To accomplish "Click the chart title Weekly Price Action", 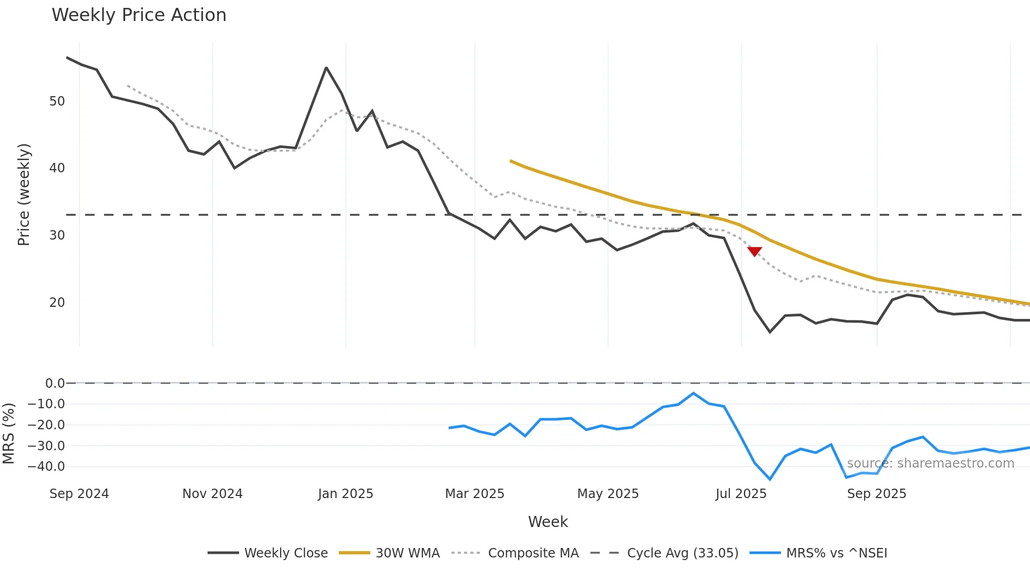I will pyautogui.click(x=139, y=15).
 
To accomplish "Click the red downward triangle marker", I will pyautogui.click(x=755, y=252).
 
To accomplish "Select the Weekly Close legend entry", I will pyautogui.click(x=268, y=553).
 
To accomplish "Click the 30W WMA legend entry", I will pyautogui.click(x=389, y=553).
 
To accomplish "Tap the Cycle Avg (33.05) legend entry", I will pyautogui.click(x=665, y=553).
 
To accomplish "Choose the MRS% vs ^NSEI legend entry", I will pyautogui.click(x=819, y=553).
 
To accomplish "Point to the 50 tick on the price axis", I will pyautogui.click(x=57, y=101).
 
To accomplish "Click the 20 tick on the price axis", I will pyautogui.click(x=57, y=303).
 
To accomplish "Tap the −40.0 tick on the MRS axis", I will pyautogui.click(x=46, y=467).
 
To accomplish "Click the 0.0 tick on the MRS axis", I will pyautogui.click(x=55, y=384).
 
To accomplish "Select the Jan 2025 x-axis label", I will pyautogui.click(x=345, y=494).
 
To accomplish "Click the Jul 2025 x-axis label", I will pyautogui.click(x=741, y=494).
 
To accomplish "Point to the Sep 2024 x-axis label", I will pyautogui.click(x=79, y=494).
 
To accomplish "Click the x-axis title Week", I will pyautogui.click(x=548, y=522).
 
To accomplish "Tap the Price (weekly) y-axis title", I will pyautogui.click(x=24, y=194).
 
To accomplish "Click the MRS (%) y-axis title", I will pyautogui.click(x=8, y=433).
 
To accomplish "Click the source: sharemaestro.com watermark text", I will pyautogui.click(x=930, y=463).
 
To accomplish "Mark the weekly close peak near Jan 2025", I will pyautogui.click(x=326, y=68).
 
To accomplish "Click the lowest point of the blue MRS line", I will pyautogui.click(x=770, y=479).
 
